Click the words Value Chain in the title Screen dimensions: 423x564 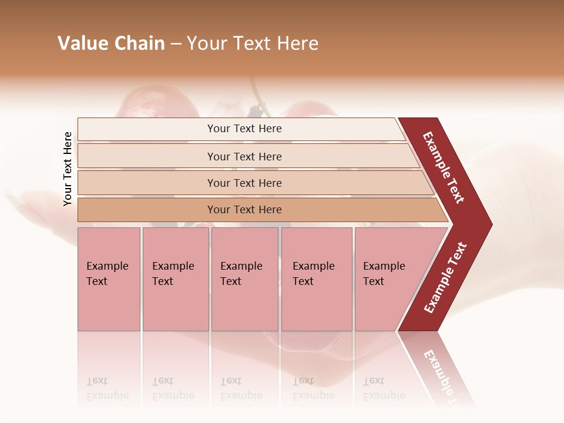(x=111, y=43)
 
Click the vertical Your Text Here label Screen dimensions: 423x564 (x=68, y=169)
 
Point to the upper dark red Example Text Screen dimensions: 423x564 (x=444, y=167)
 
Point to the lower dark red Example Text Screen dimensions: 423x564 (x=445, y=277)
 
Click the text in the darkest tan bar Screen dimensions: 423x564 (x=244, y=210)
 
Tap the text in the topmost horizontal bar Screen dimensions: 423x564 (x=244, y=129)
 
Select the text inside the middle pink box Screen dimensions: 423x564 (x=241, y=274)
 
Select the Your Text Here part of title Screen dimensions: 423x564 (x=253, y=43)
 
